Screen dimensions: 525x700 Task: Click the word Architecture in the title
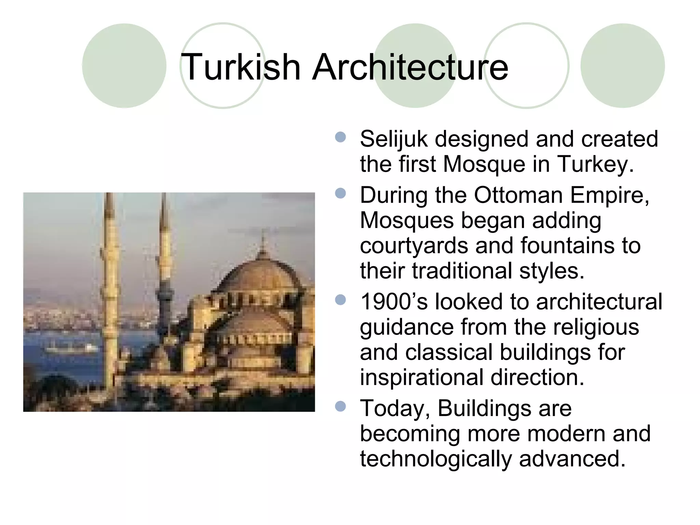[x=410, y=67]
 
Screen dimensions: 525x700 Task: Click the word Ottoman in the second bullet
[x=518, y=196]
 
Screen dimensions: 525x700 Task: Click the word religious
[x=596, y=327]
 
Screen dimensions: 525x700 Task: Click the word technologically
[x=436, y=459]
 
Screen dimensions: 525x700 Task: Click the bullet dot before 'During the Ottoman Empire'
[x=340, y=194]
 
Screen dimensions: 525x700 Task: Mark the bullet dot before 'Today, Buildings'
[x=340, y=407]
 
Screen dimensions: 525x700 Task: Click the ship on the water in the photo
[x=72, y=349]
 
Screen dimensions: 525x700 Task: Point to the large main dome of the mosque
[x=261, y=273]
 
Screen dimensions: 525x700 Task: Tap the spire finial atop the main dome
[x=263, y=239]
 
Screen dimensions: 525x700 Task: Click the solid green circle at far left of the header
[x=124, y=66]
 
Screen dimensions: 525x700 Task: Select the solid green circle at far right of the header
[x=622, y=66]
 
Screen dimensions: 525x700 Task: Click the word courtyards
[x=414, y=246]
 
